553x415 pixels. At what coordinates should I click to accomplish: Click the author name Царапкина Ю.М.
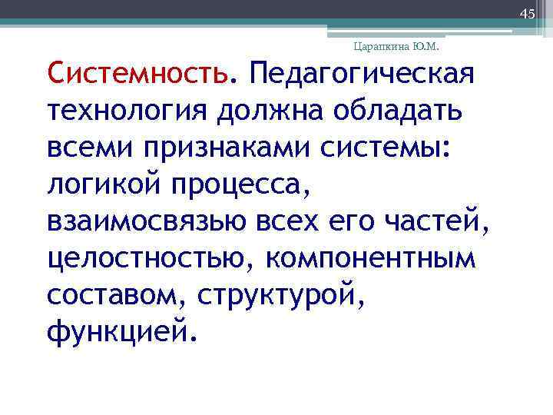(396, 47)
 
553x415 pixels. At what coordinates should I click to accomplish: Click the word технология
(126, 113)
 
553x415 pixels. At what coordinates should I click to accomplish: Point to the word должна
(269, 113)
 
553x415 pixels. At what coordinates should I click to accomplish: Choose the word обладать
(398, 113)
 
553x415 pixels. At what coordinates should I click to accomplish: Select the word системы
(399, 149)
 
